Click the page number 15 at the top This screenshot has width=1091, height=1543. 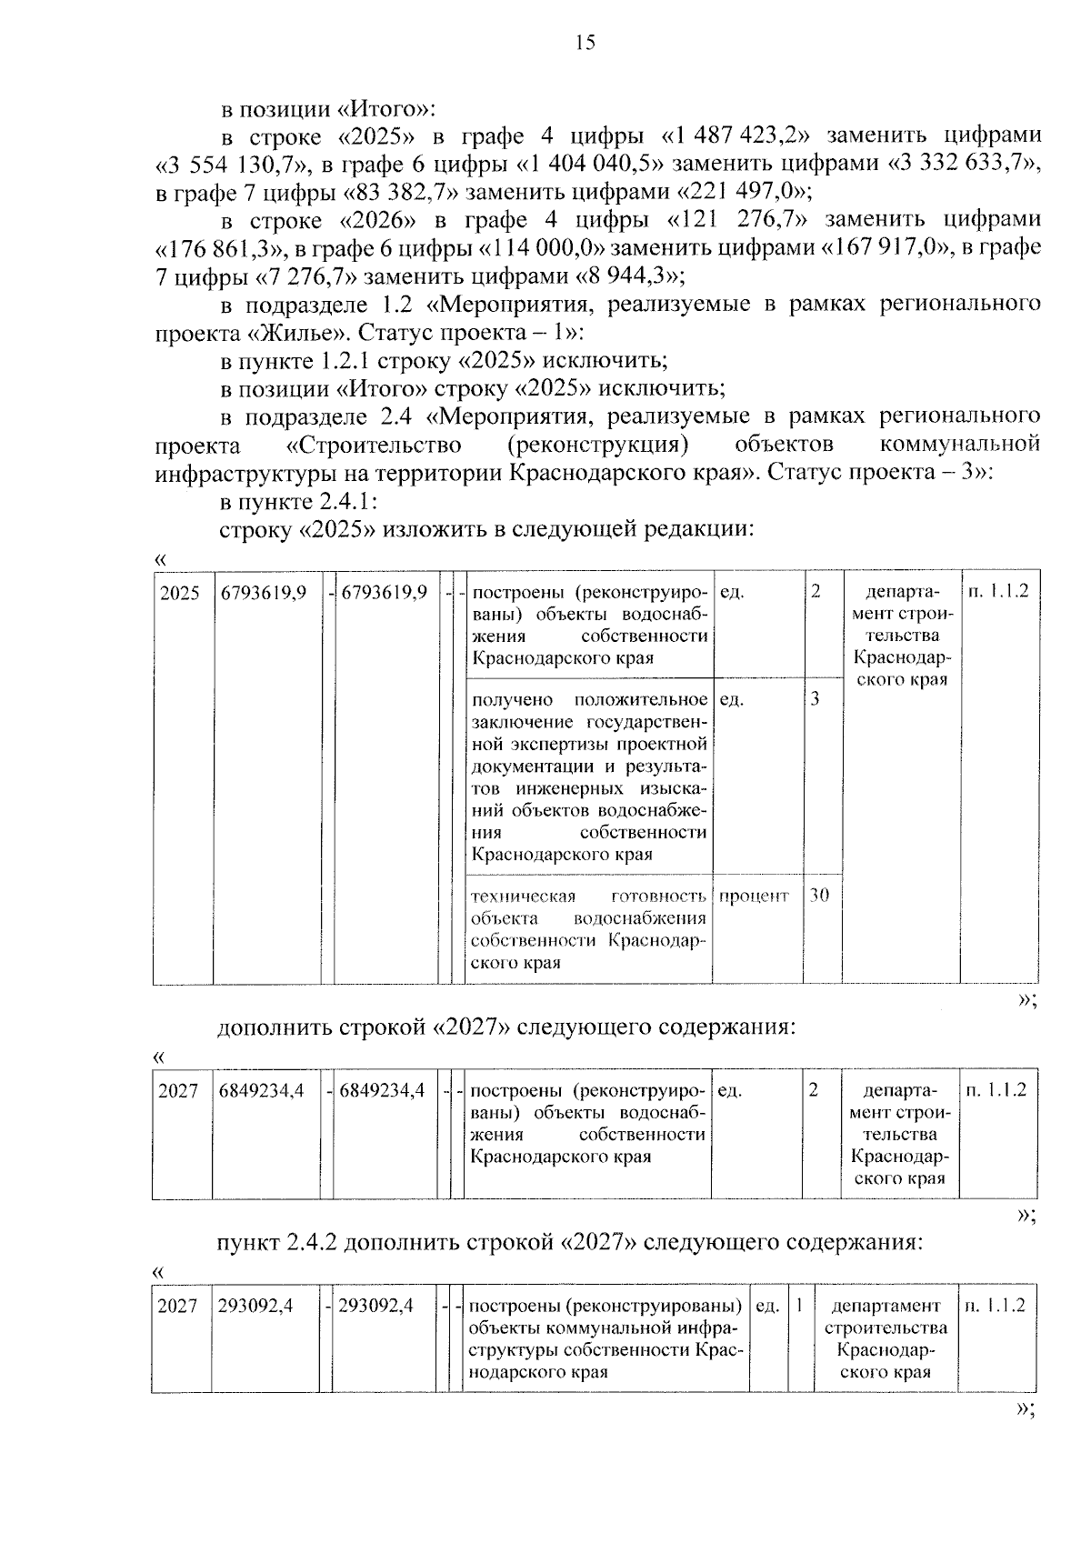(x=585, y=43)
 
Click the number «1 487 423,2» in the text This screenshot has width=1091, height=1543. (x=736, y=136)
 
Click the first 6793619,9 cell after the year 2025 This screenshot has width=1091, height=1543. (x=264, y=593)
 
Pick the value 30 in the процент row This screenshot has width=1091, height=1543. (x=819, y=895)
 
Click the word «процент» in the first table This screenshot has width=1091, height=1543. (x=754, y=896)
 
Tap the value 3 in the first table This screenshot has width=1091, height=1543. (x=815, y=699)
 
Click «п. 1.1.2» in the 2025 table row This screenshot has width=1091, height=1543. (x=998, y=592)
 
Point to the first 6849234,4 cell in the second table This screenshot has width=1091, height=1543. (x=261, y=1090)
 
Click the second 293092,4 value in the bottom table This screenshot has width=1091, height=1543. (x=375, y=1306)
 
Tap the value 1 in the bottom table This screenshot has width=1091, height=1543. (x=798, y=1306)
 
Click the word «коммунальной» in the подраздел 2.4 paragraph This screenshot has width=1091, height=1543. (x=959, y=445)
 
